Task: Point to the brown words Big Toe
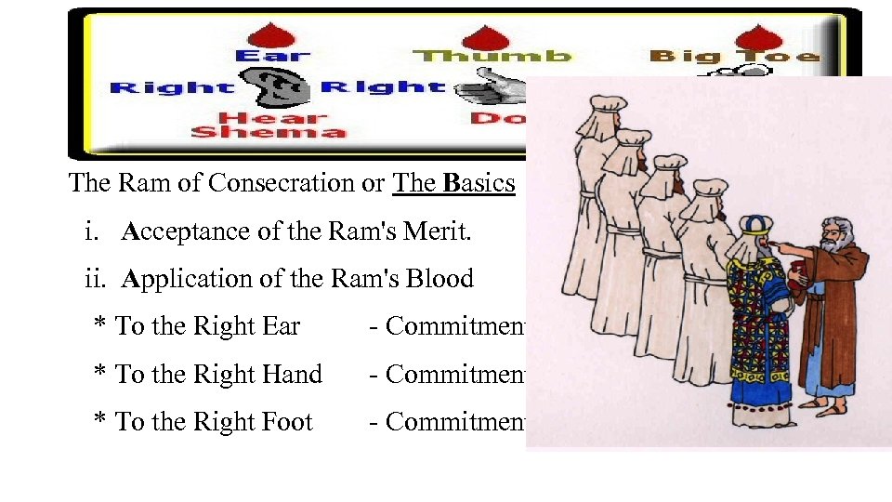pyautogui.click(x=734, y=57)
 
